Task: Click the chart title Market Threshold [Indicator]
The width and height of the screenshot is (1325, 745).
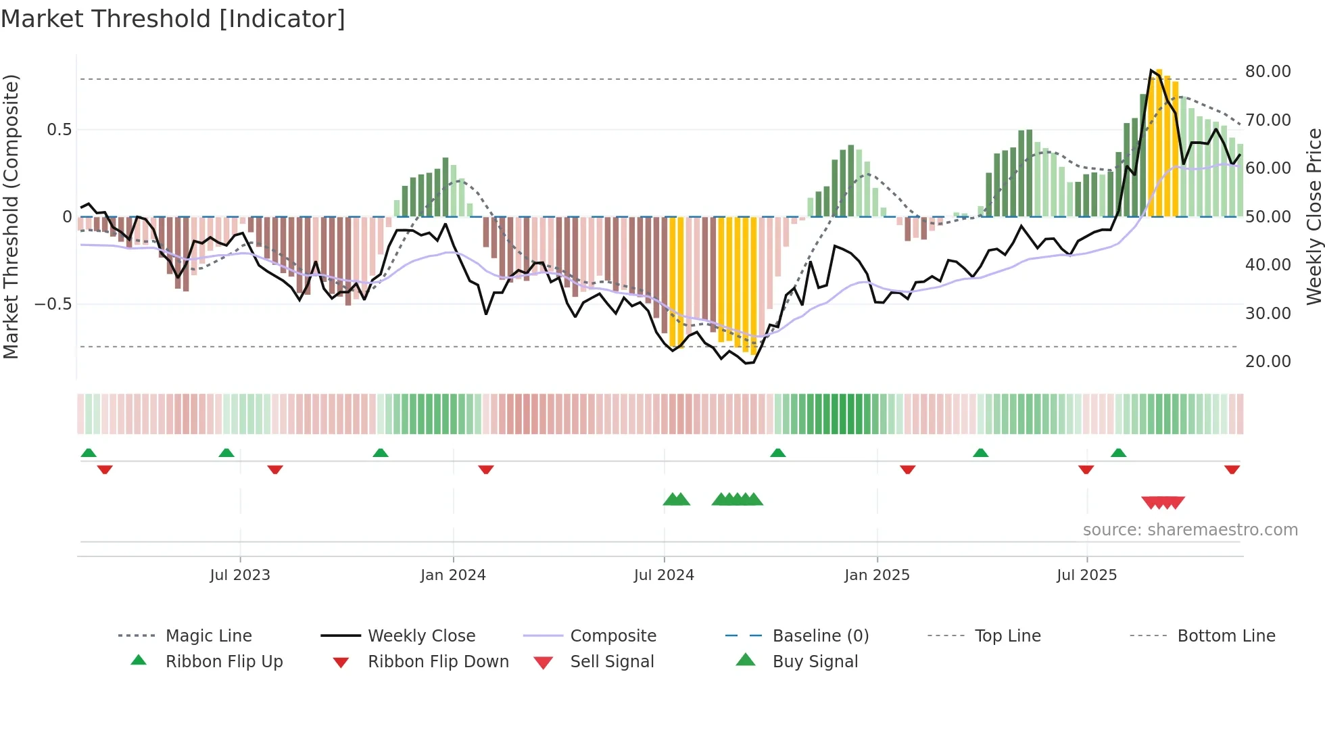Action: point(173,19)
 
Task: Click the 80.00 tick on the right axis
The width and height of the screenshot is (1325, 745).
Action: point(1268,72)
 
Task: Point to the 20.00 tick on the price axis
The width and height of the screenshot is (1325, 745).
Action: point(1268,362)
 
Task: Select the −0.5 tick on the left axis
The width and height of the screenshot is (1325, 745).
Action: point(53,304)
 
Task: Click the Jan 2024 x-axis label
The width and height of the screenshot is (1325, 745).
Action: point(453,575)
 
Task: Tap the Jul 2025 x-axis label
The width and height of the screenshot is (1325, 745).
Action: point(1086,575)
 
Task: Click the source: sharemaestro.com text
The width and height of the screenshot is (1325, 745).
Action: point(1190,530)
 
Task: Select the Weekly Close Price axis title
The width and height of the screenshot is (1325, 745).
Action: point(1314,216)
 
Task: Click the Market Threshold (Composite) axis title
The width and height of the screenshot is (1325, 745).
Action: point(11,216)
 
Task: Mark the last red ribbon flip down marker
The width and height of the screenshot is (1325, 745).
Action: point(1232,469)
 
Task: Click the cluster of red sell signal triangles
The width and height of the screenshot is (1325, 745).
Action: point(1163,502)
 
